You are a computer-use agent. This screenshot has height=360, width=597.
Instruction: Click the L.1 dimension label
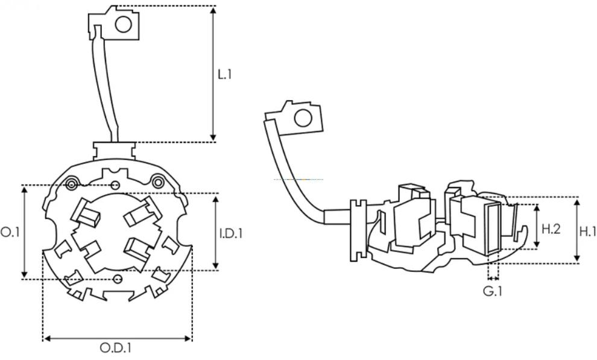225,75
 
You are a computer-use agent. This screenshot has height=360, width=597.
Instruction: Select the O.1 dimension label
9,232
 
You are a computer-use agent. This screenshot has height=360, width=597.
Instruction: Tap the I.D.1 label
231,232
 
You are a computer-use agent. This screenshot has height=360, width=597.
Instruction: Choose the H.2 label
551,229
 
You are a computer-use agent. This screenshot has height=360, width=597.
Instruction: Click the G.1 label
493,292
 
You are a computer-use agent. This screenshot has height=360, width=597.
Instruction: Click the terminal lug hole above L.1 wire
124,24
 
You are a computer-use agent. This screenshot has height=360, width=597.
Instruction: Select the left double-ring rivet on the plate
72,183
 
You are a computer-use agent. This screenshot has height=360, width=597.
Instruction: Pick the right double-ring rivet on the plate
159,180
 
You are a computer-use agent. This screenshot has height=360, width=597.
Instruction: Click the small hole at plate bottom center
118,278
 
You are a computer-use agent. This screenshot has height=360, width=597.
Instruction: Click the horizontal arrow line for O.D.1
118,339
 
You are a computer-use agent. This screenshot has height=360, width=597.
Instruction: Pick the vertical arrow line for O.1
25,232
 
